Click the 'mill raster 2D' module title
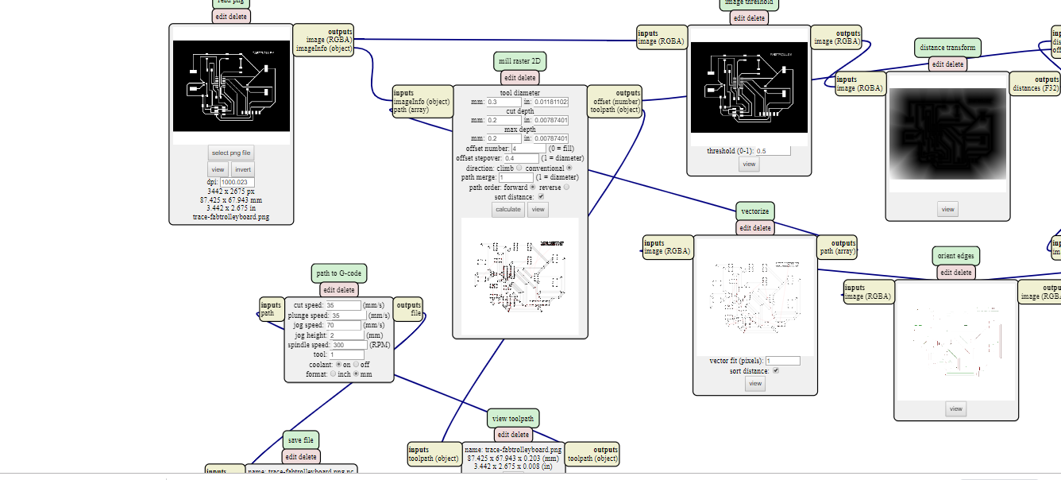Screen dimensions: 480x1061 519,61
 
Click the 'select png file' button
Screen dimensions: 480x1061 231,153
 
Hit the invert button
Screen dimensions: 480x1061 243,169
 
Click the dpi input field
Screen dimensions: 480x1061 237,182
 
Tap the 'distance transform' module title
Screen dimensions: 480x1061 947,48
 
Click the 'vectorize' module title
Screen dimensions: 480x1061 754,211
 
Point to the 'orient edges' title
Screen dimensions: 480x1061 956,256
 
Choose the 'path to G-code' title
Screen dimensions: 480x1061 339,273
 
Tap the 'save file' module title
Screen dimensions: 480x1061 301,440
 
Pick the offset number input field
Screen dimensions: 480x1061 529,149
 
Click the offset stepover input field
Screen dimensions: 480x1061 521,158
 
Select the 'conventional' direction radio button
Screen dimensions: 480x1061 569,168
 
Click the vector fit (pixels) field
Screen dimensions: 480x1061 782,361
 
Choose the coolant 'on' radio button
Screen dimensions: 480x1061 339,365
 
